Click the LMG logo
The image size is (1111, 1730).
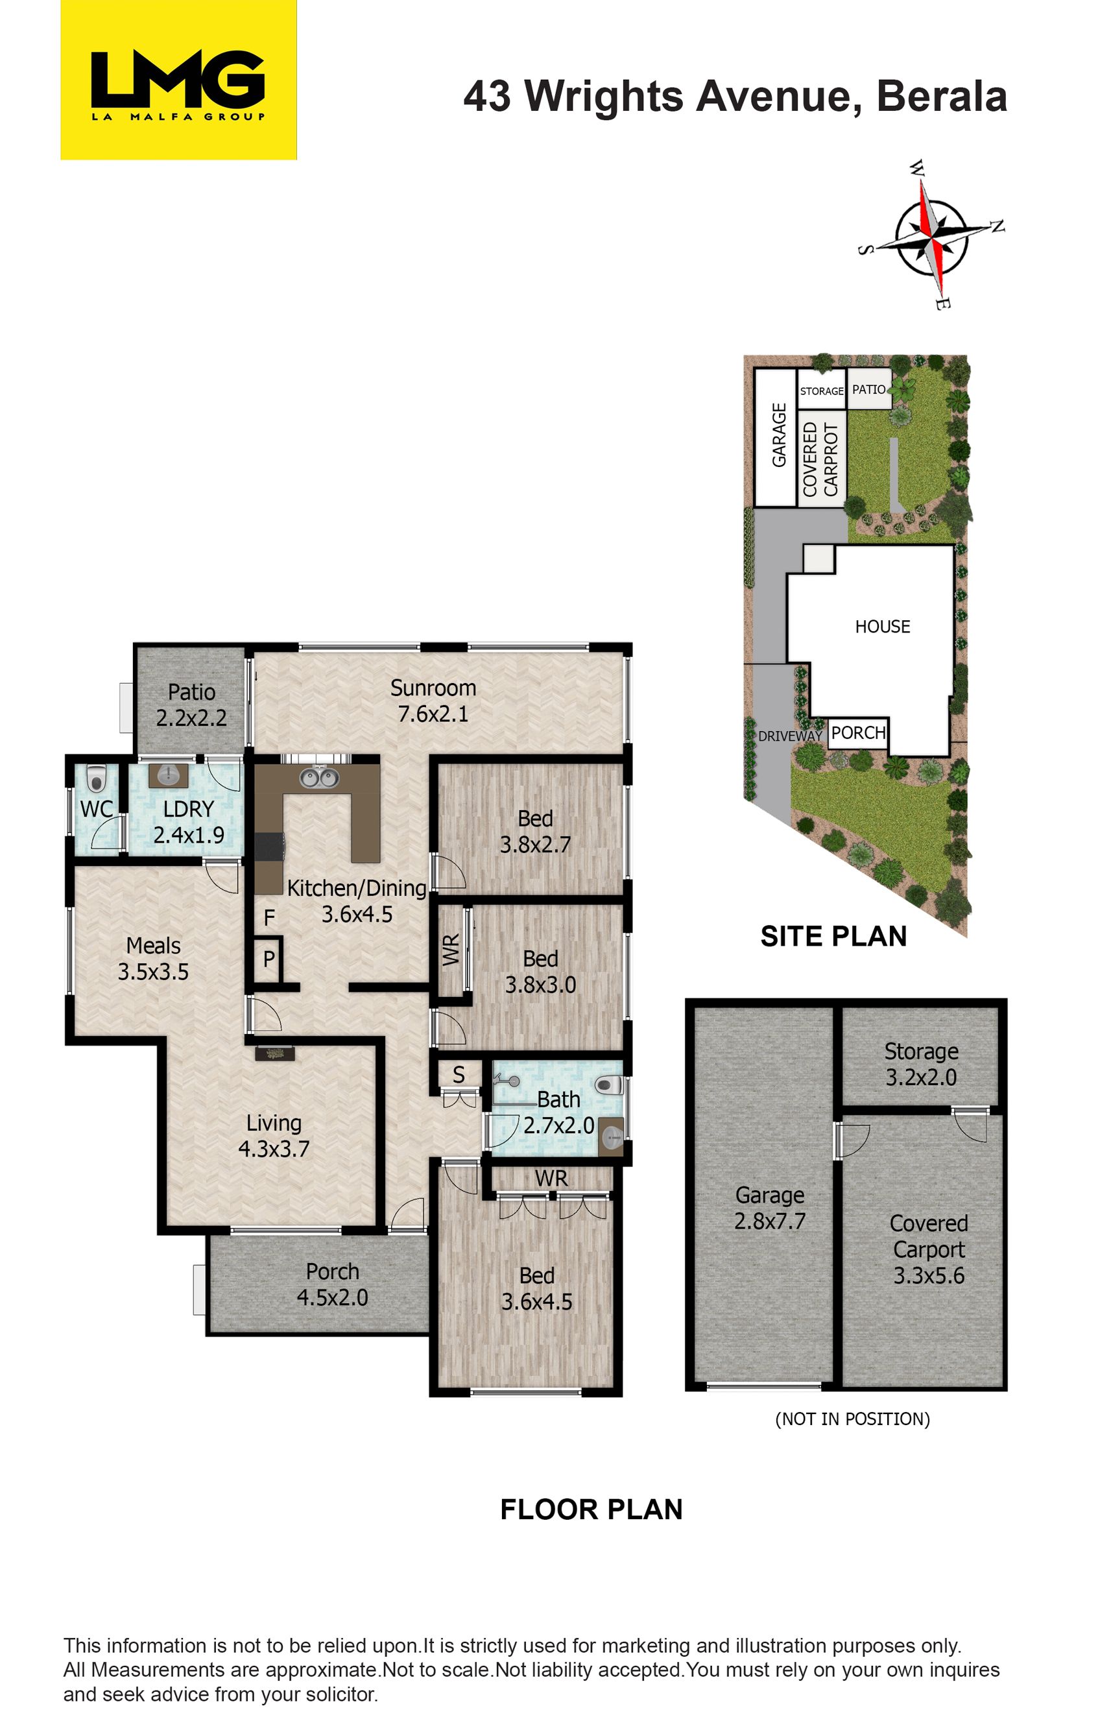pos(178,79)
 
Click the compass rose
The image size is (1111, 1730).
pos(931,234)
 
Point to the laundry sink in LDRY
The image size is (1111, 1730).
pos(168,776)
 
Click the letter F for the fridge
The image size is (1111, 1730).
pos(269,918)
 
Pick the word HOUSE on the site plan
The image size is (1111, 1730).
pos(882,626)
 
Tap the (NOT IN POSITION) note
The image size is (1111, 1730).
pos(852,1419)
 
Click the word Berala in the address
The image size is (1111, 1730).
pos(942,96)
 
